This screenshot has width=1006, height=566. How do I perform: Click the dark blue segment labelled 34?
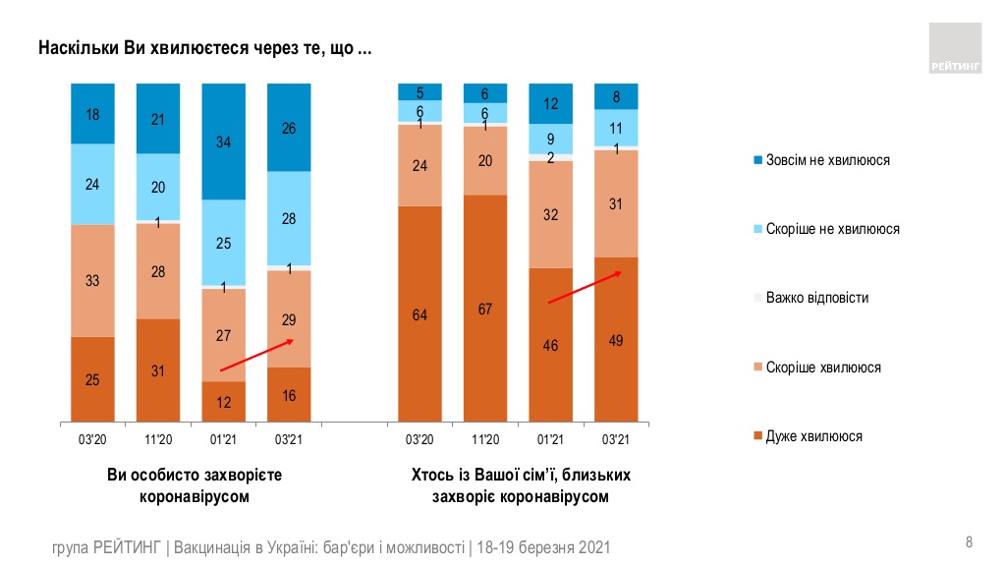223,141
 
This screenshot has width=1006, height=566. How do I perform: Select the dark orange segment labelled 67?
485,309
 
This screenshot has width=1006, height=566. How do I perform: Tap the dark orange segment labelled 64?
419,314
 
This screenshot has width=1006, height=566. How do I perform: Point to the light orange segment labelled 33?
92,280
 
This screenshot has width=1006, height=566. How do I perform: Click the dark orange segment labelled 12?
223,402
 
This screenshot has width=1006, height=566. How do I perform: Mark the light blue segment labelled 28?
289,219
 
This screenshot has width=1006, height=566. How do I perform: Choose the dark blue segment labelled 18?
92,113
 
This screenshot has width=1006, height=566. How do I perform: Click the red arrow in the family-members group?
586,288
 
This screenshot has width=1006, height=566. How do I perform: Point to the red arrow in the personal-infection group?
257,355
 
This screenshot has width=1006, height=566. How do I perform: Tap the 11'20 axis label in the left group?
157,438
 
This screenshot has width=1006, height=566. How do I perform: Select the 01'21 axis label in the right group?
550,438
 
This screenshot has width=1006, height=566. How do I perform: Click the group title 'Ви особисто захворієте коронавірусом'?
195,485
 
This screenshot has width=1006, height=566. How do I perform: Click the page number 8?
970,541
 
